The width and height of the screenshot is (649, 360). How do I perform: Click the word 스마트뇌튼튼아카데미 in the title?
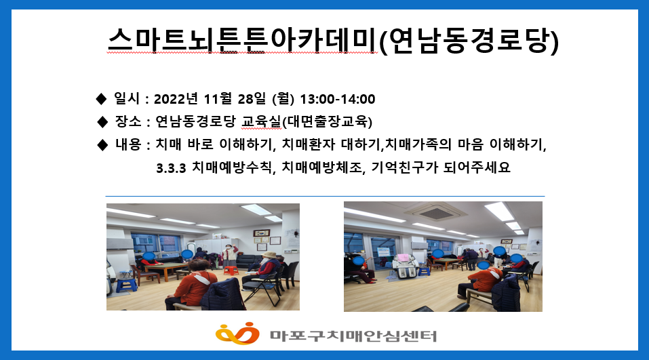(x=241, y=41)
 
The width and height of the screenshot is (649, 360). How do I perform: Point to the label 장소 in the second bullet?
(x=129, y=122)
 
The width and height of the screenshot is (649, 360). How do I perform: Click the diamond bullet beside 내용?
(x=102, y=144)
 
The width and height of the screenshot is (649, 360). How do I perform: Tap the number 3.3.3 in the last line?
(x=171, y=167)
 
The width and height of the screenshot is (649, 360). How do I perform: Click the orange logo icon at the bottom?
(x=237, y=334)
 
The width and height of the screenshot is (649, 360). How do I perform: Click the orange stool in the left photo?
(x=230, y=269)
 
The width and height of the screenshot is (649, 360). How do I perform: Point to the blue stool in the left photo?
(x=127, y=285)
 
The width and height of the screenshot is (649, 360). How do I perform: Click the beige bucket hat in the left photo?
(x=270, y=255)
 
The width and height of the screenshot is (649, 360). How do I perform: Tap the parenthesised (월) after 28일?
(x=282, y=100)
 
